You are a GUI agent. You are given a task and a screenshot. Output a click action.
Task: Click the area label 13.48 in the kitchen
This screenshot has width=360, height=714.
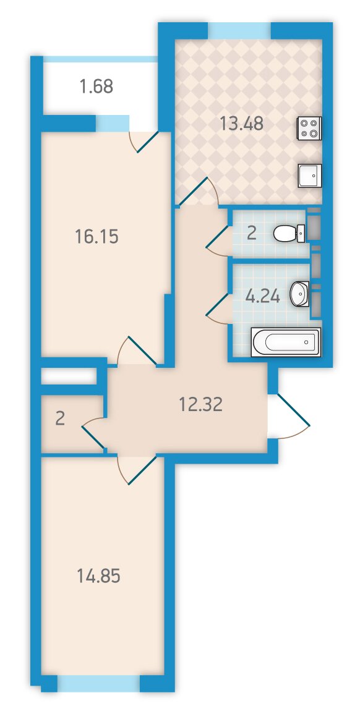click(241, 124)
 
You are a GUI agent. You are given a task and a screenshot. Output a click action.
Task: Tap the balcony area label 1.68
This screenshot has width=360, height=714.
click(96, 86)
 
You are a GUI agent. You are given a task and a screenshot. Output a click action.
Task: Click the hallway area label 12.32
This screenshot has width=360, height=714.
click(200, 404)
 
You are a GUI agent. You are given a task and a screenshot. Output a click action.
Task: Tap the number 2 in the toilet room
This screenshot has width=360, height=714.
click(251, 234)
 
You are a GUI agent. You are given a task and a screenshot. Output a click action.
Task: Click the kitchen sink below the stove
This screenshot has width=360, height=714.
click(310, 176)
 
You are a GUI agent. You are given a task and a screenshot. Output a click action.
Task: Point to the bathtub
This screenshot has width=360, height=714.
click(286, 342)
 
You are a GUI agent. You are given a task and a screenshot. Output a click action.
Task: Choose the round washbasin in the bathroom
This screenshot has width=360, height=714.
click(299, 294)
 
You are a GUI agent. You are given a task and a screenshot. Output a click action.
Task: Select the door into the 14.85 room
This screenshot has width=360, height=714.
click(137, 470)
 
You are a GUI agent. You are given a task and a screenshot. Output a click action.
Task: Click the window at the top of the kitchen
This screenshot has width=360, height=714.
click(240, 31)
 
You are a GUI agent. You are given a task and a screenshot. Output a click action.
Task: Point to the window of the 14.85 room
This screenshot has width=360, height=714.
click(98, 684)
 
